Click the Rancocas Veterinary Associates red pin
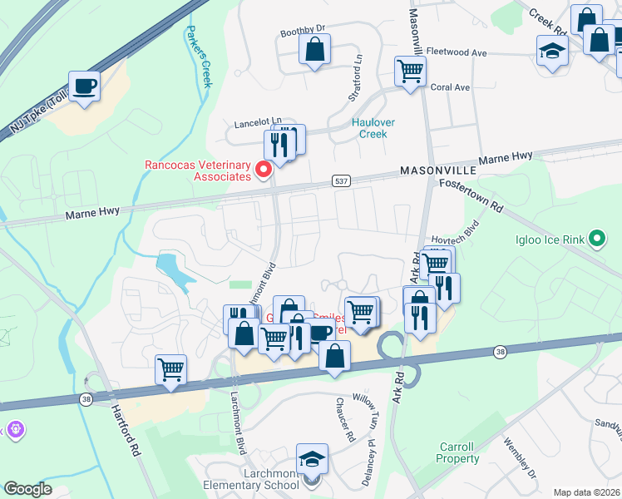[264, 170]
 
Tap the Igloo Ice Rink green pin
[596, 240]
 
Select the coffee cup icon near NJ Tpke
[85, 86]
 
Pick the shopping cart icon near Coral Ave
[410, 71]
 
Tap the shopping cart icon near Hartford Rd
[170, 369]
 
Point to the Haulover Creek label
[373, 128]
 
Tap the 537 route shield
[345, 180]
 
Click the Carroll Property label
[458, 452]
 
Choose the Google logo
[28, 489]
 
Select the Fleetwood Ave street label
[457, 52]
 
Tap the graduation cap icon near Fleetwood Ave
[552, 51]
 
